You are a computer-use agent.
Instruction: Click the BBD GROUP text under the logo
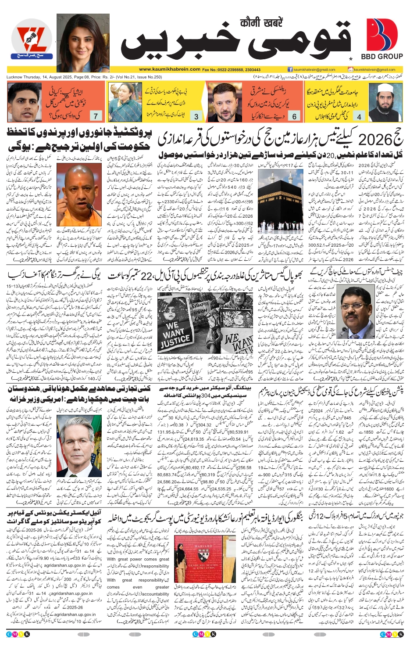click(381, 56)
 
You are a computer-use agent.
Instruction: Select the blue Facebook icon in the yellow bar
click(290, 69)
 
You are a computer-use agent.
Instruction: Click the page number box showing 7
click(96, 116)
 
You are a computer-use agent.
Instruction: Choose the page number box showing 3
click(196, 116)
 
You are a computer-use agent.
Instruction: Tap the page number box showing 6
click(294, 116)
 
